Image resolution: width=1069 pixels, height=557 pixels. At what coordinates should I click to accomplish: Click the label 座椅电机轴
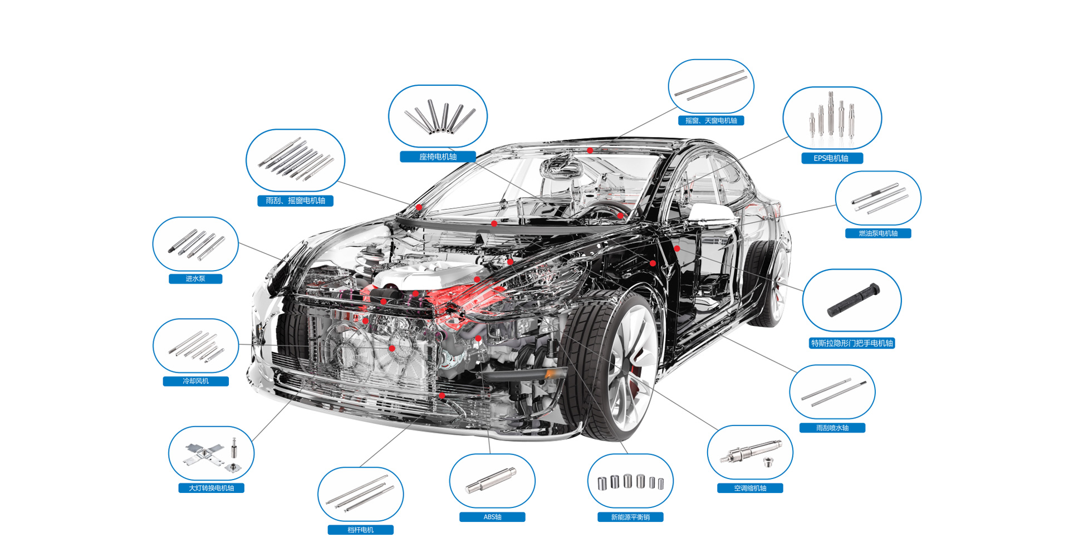(438, 157)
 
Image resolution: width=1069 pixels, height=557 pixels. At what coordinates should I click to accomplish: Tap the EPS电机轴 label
(832, 158)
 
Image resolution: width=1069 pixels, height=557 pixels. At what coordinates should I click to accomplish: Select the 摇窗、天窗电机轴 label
(711, 120)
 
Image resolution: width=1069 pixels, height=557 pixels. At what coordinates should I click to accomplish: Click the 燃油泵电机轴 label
(878, 233)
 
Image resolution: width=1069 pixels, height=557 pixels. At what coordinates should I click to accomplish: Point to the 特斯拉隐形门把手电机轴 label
(852, 343)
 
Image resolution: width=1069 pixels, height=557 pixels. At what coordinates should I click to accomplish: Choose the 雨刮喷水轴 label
(832, 428)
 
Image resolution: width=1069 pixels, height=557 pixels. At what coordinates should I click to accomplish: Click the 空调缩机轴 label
(750, 488)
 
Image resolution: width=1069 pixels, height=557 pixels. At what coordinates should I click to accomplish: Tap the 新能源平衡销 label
(630, 517)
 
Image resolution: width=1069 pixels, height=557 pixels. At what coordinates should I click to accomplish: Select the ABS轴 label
(492, 517)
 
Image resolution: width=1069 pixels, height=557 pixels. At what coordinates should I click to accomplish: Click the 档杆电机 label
(360, 530)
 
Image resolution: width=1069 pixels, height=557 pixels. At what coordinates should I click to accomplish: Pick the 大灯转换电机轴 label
(211, 488)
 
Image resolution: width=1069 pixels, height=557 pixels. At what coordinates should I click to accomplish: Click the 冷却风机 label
(195, 381)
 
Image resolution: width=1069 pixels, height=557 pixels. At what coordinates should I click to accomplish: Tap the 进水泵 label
(195, 278)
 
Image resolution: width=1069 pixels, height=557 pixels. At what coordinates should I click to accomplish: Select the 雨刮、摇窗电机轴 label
(295, 201)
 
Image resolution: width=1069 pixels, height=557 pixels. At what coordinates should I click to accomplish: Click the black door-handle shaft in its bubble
(853, 300)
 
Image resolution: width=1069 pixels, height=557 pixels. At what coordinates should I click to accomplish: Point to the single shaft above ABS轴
(491, 481)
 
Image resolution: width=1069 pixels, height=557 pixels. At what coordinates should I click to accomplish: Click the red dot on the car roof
(590, 150)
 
